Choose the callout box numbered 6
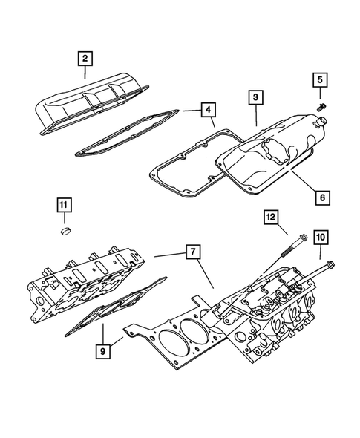(x=322, y=198)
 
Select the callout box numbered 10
(x=320, y=237)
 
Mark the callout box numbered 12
(x=272, y=217)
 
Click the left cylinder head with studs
(x=82, y=282)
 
